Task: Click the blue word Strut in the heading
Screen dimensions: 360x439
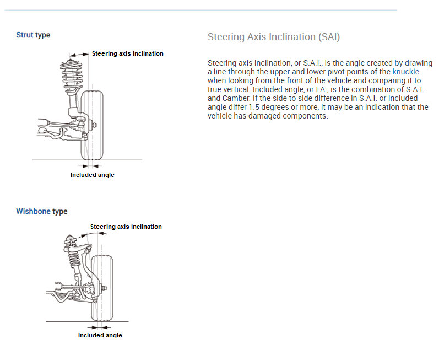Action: (25, 35)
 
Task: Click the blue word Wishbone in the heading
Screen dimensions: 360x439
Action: (33, 212)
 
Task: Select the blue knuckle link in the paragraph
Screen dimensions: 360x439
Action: (405, 72)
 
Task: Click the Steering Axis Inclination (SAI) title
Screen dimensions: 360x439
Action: (274, 37)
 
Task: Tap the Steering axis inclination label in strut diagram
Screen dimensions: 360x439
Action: (127, 54)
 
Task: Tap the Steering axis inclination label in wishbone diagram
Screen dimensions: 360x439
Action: (126, 227)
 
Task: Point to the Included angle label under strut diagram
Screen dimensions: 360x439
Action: (92, 175)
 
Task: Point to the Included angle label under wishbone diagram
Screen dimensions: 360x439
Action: (100, 335)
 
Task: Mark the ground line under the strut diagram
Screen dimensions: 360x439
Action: (55, 160)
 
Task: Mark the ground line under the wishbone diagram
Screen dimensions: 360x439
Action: (61, 321)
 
